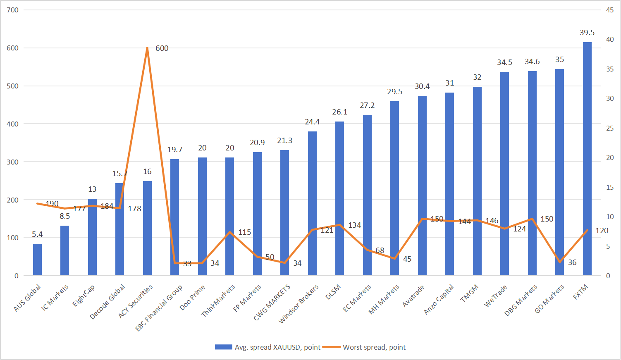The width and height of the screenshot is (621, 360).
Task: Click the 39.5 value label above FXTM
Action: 587,33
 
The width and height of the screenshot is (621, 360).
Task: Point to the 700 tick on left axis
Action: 13,10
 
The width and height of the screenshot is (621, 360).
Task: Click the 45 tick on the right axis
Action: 610,10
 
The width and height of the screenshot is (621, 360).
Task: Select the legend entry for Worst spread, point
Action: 365,347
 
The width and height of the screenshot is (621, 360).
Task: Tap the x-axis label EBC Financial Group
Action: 159,308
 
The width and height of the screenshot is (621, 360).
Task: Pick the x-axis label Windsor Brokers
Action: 299,304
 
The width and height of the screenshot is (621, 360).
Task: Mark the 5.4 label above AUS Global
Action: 37,234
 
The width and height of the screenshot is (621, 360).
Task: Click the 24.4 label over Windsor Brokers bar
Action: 312,122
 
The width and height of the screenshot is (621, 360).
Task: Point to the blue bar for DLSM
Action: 339,198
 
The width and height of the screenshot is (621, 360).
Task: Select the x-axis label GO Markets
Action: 550,299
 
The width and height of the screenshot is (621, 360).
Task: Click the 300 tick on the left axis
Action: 13,162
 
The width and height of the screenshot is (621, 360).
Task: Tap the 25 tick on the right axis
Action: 610,128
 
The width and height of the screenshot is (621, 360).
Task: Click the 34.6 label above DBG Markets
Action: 532,62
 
